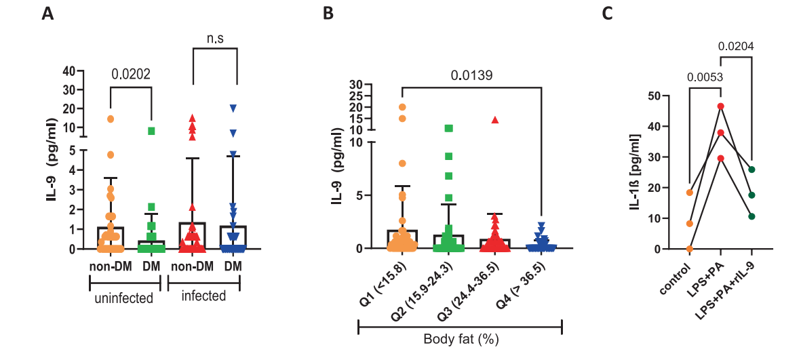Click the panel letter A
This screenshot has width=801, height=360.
(47, 14)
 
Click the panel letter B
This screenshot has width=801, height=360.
(328, 14)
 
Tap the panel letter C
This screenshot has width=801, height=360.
(608, 14)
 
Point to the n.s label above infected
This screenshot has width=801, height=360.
(215, 39)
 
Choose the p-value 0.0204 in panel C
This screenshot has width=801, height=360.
(736, 47)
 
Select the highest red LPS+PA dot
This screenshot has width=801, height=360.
(720, 106)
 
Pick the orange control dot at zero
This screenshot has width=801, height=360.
(690, 249)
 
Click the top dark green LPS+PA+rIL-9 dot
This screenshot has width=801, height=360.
(751, 169)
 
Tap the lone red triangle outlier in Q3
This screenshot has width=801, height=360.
(495, 120)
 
